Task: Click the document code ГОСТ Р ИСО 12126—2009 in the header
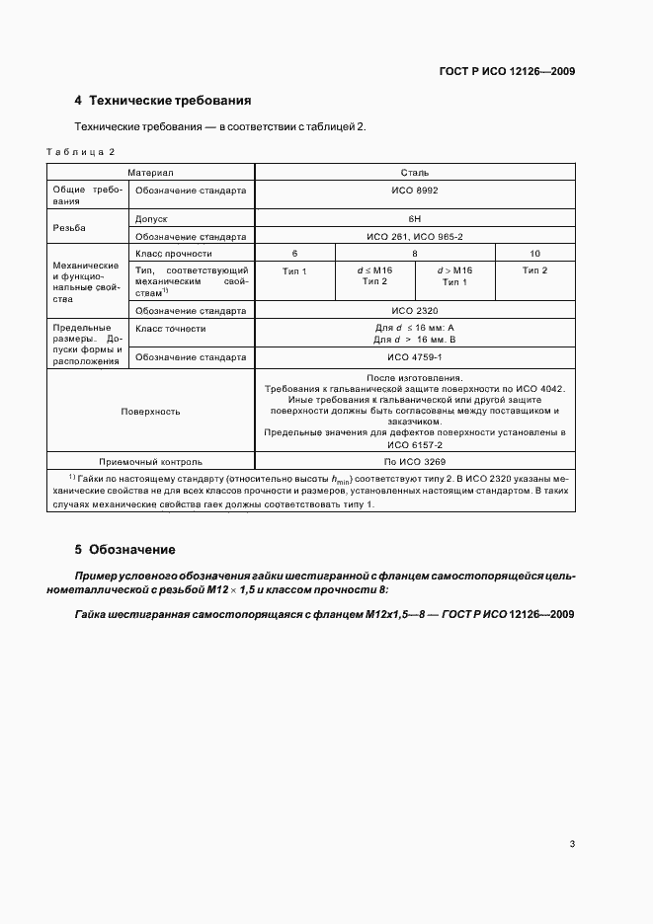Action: pyautogui.click(x=507, y=71)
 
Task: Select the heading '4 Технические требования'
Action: pyautogui.click(x=163, y=101)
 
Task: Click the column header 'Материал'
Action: pyautogui.click(x=150, y=172)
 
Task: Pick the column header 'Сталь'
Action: pyautogui.click(x=415, y=172)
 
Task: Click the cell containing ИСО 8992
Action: pyautogui.click(x=415, y=191)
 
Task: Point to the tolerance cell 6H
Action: pyautogui.click(x=415, y=218)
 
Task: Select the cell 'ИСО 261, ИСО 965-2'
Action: pyautogui.click(x=415, y=236)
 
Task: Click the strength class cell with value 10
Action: pyautogui.click(x=534, y=254)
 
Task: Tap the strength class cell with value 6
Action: pyautogui.click(x=294, y=254)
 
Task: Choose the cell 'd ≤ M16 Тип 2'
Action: pyautogui.click(x=373, y=275)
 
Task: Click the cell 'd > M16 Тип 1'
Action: pyautogui.click(x=454, y=275)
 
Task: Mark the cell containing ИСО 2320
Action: pyautogui.click(x=415, y=310)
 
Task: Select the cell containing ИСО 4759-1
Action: pyautogui.click(x=415, y=356)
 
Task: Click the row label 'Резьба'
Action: pyautogui.click(x=69, y=227)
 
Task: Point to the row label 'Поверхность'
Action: pyautogui.click(x=150, y=411)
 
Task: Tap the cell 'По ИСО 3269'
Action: pyautogui.click(x=415, y=461)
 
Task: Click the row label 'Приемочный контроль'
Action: pyautogui.click(x=150, y=461)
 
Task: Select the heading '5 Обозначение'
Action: pyautogui.click(x=124, y=549)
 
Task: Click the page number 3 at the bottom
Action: pyautogui.click(x=573, y=844)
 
